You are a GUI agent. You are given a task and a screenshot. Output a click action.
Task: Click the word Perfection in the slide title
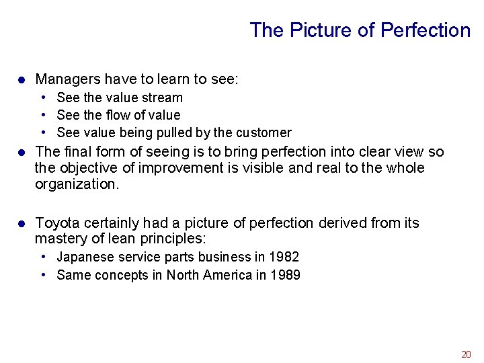click(x=426, y=30)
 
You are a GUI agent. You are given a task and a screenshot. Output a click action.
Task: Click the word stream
click(x=163, y=97)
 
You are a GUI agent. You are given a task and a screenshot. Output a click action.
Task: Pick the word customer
click(x=264, y=132)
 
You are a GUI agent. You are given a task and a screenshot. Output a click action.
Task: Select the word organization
click(x=77, y=184)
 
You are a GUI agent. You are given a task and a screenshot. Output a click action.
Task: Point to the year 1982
click(x=284, y=257)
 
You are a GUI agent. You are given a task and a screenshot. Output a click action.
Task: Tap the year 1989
click(x=285, y=274)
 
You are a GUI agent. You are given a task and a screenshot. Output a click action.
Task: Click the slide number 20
click(x=466, y=354)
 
